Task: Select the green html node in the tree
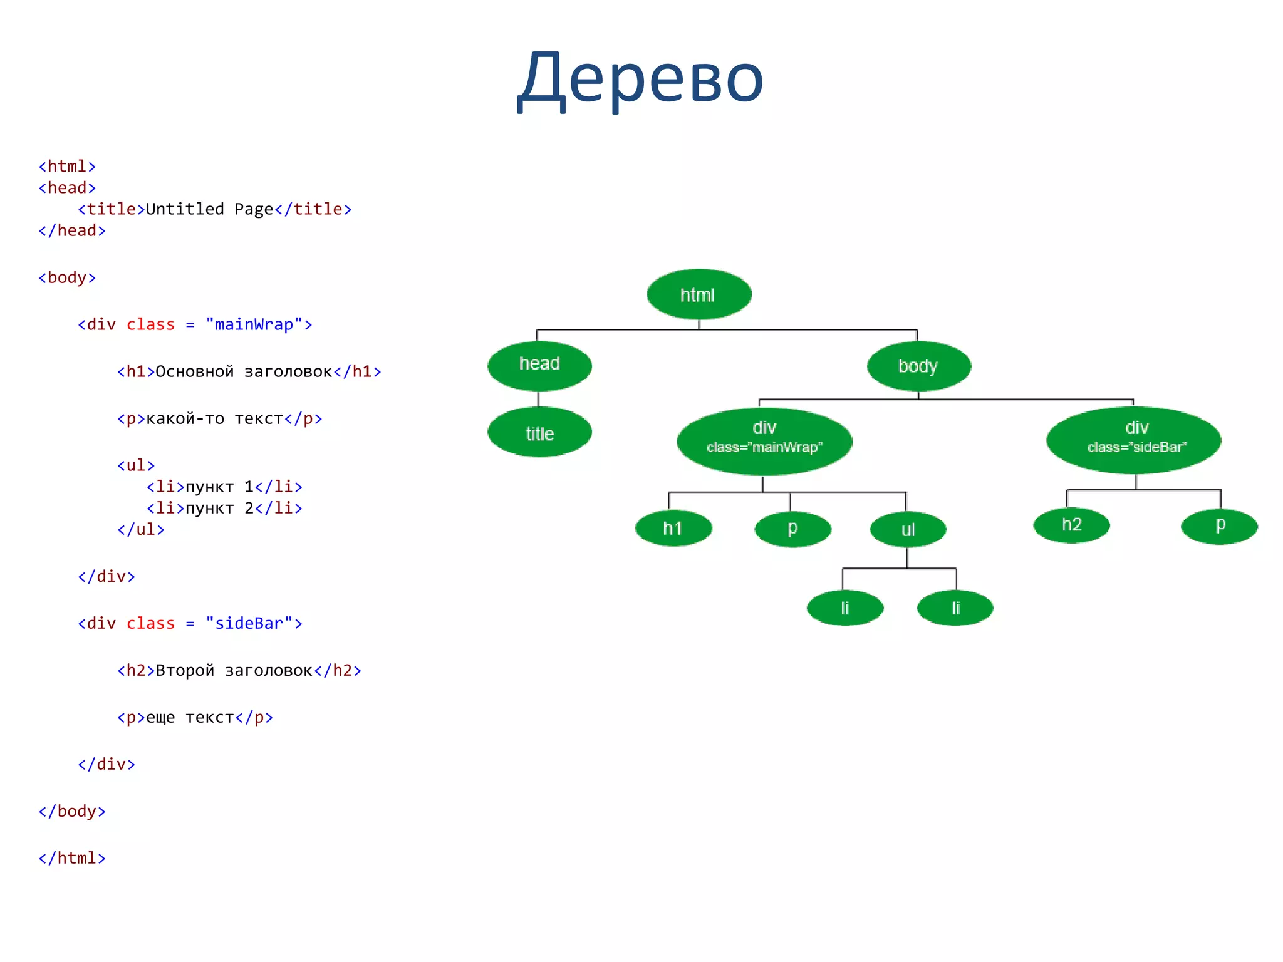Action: pos(699,294)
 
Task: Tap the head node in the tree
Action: pos(539,365)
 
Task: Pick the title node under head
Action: pos(539,433)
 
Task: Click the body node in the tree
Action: pos(918,366)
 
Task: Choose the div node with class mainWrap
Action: pos(764,440)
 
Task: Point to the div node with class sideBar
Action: pos(1135,439)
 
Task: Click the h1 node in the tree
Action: pos(673,529)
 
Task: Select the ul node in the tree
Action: pos(908,530)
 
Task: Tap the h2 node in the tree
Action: pos(1071,525)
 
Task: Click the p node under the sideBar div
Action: pos(1219,525)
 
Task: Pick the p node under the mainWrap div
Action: pos(792,529)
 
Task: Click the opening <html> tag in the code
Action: pos(67,167)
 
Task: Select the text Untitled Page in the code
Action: pos(209,209)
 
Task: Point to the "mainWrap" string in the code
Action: pos(254,325)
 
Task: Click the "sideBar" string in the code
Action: pos(249,624)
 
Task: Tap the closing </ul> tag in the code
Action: pos(141,530)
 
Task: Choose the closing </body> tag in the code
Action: pos(72,812)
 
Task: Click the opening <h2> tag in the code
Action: pos(136,671)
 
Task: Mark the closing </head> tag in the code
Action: pos(72,231)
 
